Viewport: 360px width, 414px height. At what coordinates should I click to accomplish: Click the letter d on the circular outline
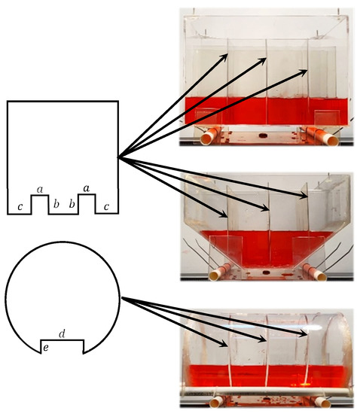coord(62,334)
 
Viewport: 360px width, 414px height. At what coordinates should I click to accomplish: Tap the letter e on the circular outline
coord(46,348)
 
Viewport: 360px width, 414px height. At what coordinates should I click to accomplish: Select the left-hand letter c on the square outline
coord(20,207)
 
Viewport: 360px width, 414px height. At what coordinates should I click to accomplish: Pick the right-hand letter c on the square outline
coord(106,207)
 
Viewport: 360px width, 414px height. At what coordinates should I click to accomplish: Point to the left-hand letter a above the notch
coord(40,189)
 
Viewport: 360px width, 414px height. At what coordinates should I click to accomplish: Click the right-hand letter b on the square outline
coord(72,204)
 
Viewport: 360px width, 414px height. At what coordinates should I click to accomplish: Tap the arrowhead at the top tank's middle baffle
coord(263,61)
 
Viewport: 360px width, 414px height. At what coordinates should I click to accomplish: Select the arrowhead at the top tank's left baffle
coord(224,57)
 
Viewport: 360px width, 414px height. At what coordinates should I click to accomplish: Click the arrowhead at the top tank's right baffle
coord(304,72)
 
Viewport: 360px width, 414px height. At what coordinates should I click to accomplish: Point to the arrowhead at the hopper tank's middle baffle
coord(265,208)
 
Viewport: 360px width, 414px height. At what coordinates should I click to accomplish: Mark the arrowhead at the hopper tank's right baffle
coord(304,195)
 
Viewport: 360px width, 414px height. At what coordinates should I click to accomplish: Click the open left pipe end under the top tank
coord(206,139)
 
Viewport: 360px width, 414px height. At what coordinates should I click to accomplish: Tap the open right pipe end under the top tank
coord(332,140)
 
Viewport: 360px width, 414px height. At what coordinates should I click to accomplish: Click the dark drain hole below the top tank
coord(263,135)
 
